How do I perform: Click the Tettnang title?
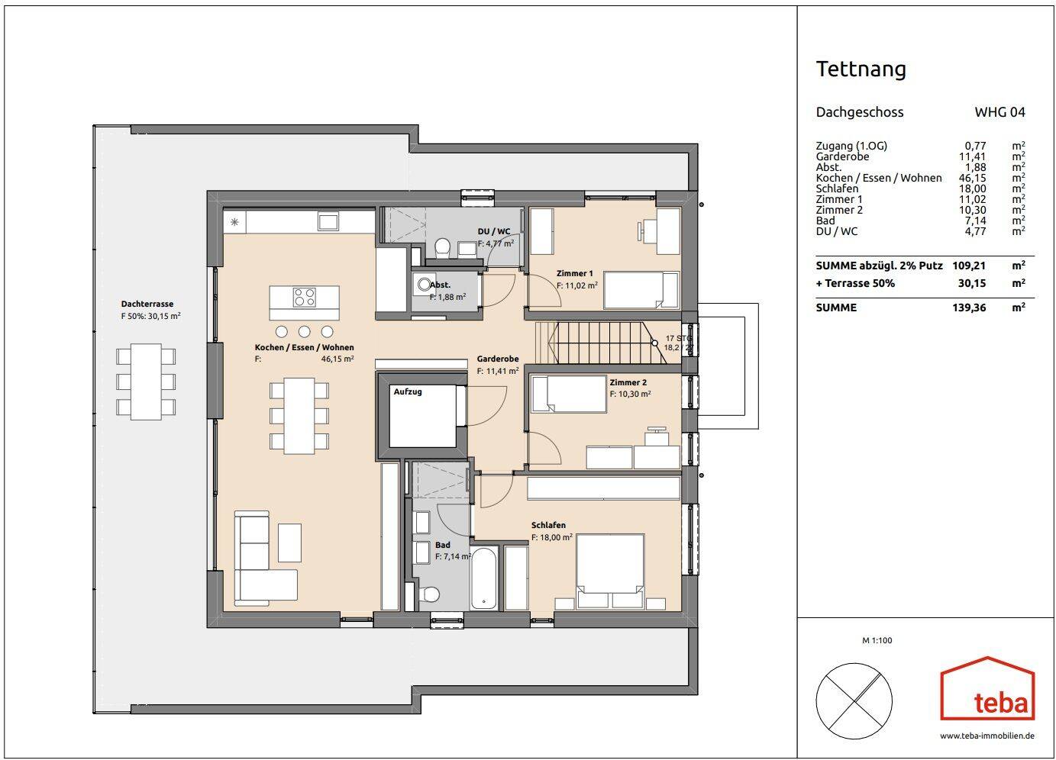[861, 69]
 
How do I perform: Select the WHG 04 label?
[999, 112]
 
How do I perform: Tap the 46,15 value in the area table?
[972, 178]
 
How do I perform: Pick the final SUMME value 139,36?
[972, 308]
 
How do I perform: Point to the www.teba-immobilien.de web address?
[987, 736]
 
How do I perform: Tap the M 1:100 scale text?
[877, 640]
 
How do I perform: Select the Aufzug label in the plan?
[408, 392]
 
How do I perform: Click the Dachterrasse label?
[147, 304]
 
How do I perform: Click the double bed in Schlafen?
[610, 571]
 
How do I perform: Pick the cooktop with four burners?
[305, 297]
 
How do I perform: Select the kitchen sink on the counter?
[328, 222]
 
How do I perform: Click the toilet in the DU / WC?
[441, 247]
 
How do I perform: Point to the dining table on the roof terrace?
[146, 381]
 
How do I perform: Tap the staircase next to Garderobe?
[603, 343]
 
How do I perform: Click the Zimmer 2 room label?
[628, 382]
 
